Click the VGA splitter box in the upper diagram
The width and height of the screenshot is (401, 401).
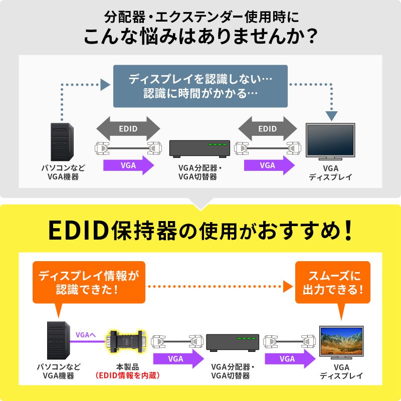pos(199,148)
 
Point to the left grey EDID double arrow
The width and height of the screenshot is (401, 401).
pos(128,129)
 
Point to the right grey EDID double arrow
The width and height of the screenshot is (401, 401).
pos(267,129)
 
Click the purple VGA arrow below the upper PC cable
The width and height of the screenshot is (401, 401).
pos(128,165)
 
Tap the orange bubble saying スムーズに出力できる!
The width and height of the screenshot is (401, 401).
pos(333,282)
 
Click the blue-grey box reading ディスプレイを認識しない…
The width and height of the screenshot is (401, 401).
pos(200,86)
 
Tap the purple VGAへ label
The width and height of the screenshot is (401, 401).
pos(85,334)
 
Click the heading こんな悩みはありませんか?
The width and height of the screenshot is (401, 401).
pos(200,38)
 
